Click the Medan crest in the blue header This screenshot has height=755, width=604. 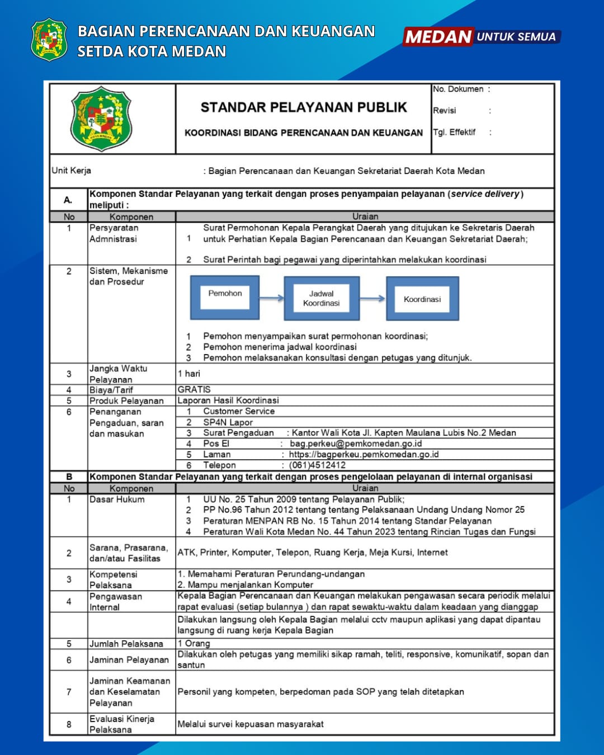coord(49,39)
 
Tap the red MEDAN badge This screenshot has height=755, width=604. coord(438,37)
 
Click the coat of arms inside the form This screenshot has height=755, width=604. coord(101,119)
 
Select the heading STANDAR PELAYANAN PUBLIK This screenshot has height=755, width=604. coord(304,107)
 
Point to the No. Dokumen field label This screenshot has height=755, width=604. coord(458,89)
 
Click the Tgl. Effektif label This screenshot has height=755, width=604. coord(454,132)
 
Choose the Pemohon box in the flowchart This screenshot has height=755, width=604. coord(225,298)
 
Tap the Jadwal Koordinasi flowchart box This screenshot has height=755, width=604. coord(321,299)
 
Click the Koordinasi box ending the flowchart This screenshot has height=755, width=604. coord(422,299)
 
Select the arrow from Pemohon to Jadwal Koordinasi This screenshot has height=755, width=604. coord(272,298)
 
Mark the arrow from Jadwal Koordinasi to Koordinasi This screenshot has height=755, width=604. coord(372,299)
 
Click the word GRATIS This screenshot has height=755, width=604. coord(194,389)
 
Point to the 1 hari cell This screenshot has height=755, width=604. coord(189,374)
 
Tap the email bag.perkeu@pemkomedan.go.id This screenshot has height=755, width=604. coord(356,443)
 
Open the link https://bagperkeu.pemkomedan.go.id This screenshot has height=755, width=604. coord(364,454)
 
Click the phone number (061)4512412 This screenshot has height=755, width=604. coord(317,465)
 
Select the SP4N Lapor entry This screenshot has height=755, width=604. coord(228,422)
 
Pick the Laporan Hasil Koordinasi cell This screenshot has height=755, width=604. coord(228,400)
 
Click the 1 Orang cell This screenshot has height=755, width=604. coord(194,644)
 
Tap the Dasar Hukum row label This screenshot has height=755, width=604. coord(117,499)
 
